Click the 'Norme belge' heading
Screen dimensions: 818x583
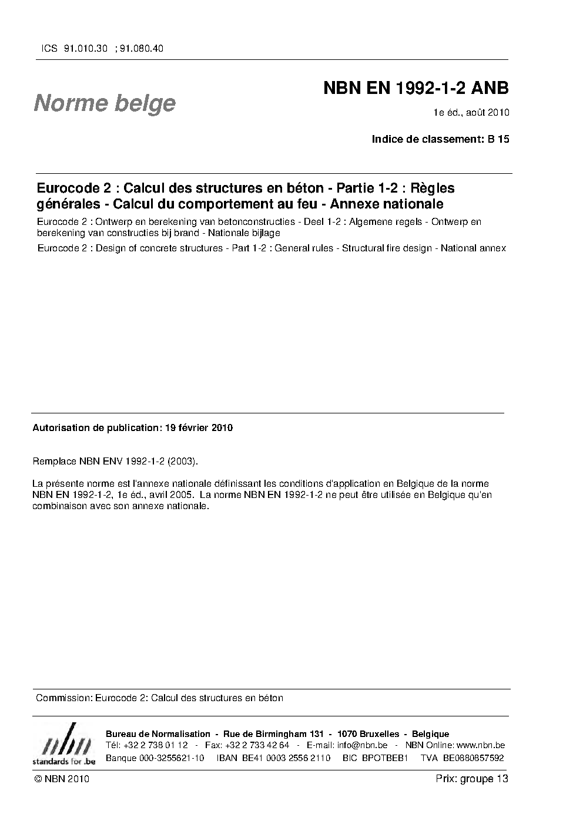(x=105, y=103)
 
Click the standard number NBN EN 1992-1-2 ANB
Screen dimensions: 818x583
(x=416, y=88)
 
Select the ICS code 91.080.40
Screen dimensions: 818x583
(x=141, y=49)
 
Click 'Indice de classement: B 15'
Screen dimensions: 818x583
(x=440, y=139)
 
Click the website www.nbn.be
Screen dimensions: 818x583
(x=480, y=745)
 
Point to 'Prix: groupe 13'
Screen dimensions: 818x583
(x=472, y=779)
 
